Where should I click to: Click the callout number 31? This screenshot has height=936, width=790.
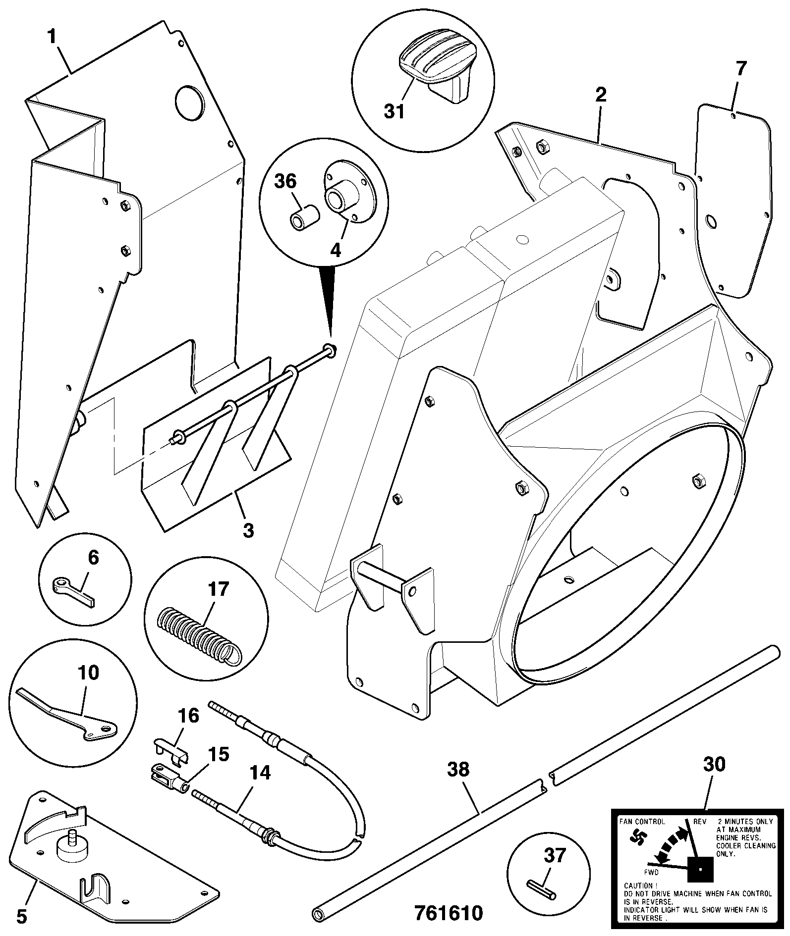tap(395, 111)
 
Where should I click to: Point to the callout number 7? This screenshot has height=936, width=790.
tap(740, 68)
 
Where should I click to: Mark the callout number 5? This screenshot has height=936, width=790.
tap(21, 916)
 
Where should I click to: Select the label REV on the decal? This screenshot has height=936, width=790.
tap(700, 822)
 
